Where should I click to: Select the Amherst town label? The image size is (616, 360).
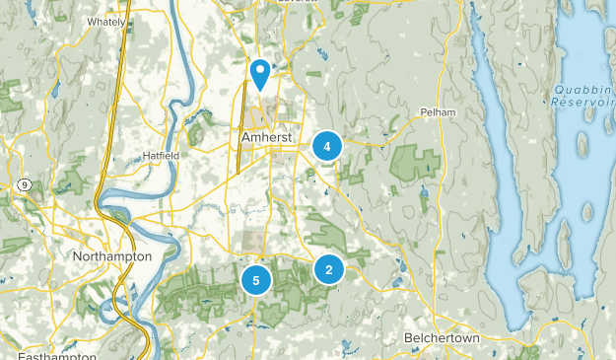(266, 138)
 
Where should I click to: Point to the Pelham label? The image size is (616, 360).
(438, 112)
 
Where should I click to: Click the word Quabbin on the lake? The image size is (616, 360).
(582, 87)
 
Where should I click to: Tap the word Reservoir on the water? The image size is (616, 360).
(582, 102)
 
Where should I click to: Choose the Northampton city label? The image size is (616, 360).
(112, 256)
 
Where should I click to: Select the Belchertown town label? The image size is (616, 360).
(442, 337)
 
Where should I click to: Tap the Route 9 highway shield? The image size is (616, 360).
(21, 184)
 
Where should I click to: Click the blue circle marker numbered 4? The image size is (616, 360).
(326, 146)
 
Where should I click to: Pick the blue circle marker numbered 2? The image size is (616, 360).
(328, 268)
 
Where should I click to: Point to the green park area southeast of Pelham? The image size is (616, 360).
(414, 163)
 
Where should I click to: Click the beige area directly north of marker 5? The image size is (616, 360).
(256, 243)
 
